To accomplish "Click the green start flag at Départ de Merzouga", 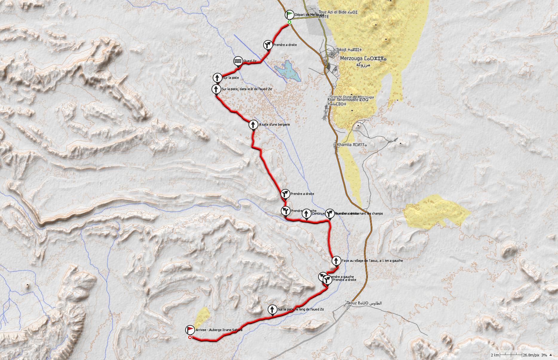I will [x=289, y=14].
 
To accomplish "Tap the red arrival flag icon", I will [x=190, y=330].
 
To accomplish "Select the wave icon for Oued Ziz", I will [x=238, y=61].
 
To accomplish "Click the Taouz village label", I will [x=354, y=303].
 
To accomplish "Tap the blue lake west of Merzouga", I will [x=287, y=71].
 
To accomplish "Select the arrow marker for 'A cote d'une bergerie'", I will [x=253, y=124].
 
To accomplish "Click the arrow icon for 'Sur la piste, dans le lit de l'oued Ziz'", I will [x=216, y=89].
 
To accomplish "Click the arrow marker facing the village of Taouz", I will [x=336, y=261].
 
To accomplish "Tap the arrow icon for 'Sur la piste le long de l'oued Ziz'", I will [x=272, y=309].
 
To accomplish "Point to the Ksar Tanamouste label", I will [x=348, y=100].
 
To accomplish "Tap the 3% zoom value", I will [x=544, y=355].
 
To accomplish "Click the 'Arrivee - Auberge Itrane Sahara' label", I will [x=219, y=330].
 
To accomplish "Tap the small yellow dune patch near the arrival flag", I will [x=201, y=317].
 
